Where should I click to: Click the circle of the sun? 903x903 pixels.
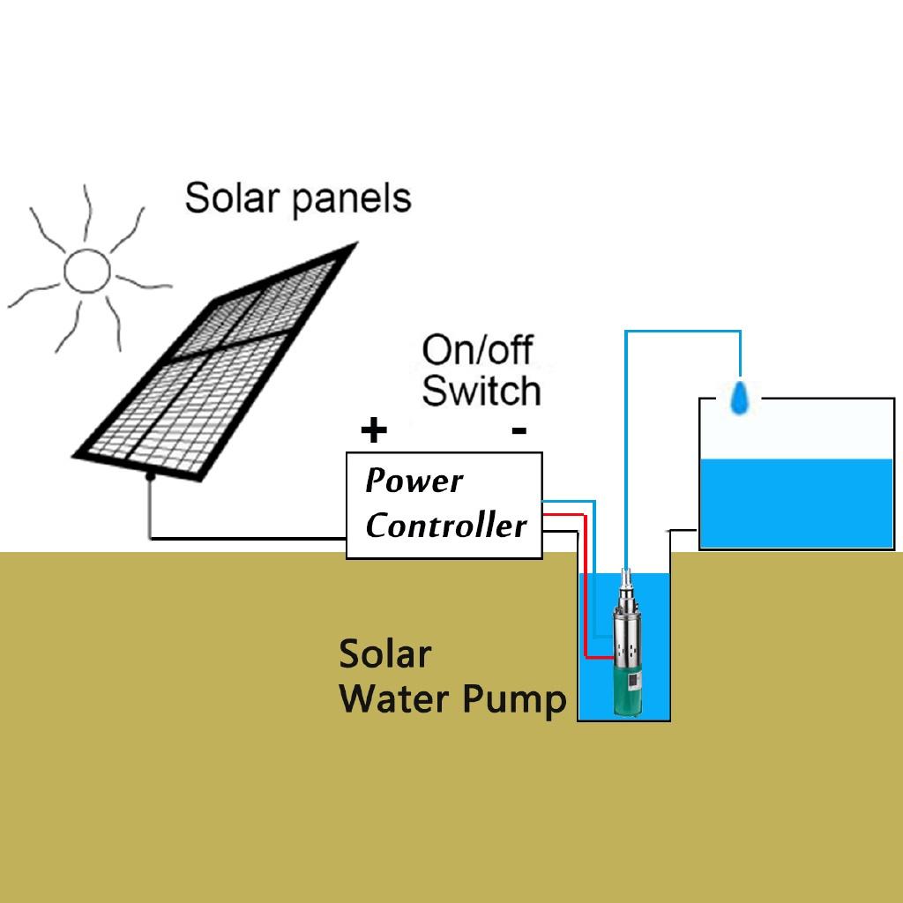(x=87, y=271)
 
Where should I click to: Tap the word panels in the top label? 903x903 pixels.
(x=352, y=199)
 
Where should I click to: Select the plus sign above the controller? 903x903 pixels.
(x=374, y=430)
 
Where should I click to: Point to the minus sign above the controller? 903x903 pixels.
(x=519, y=430)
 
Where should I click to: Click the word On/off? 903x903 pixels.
(x=477, y=349)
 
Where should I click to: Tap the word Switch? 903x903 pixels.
(x=481, y=390)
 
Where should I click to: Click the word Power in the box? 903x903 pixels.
(x=414, y=481)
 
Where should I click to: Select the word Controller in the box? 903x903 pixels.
(x=445, y=526)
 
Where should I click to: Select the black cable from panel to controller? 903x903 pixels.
(x=247, y=537)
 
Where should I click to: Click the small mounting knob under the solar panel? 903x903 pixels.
(x=151, y=476)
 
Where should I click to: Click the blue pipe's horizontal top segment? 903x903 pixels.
(x=683, y=332)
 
